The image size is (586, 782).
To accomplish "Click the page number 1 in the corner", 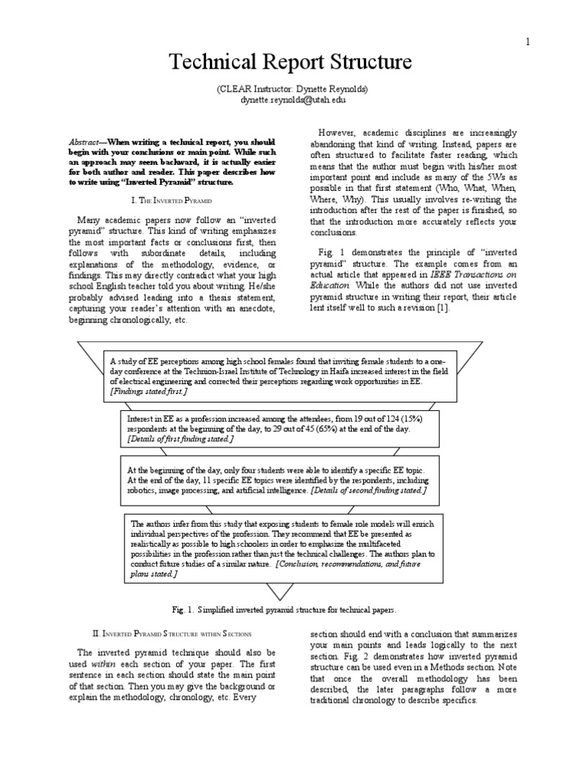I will pyautogui.click(x=526, y=42).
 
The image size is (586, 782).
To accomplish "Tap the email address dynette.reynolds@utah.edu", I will pyautogui.click(x=293, y=99).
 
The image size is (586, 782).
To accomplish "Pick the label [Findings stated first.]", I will pyautogui.click(x=149, y=391).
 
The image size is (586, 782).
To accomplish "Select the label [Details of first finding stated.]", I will pyautogui.click(x=182, y=440).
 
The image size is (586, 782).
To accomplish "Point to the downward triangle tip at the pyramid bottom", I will pyautogui.click(x=293, y=596).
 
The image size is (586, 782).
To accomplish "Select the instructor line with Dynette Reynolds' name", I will pyautogui.click(x=293, y=89).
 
